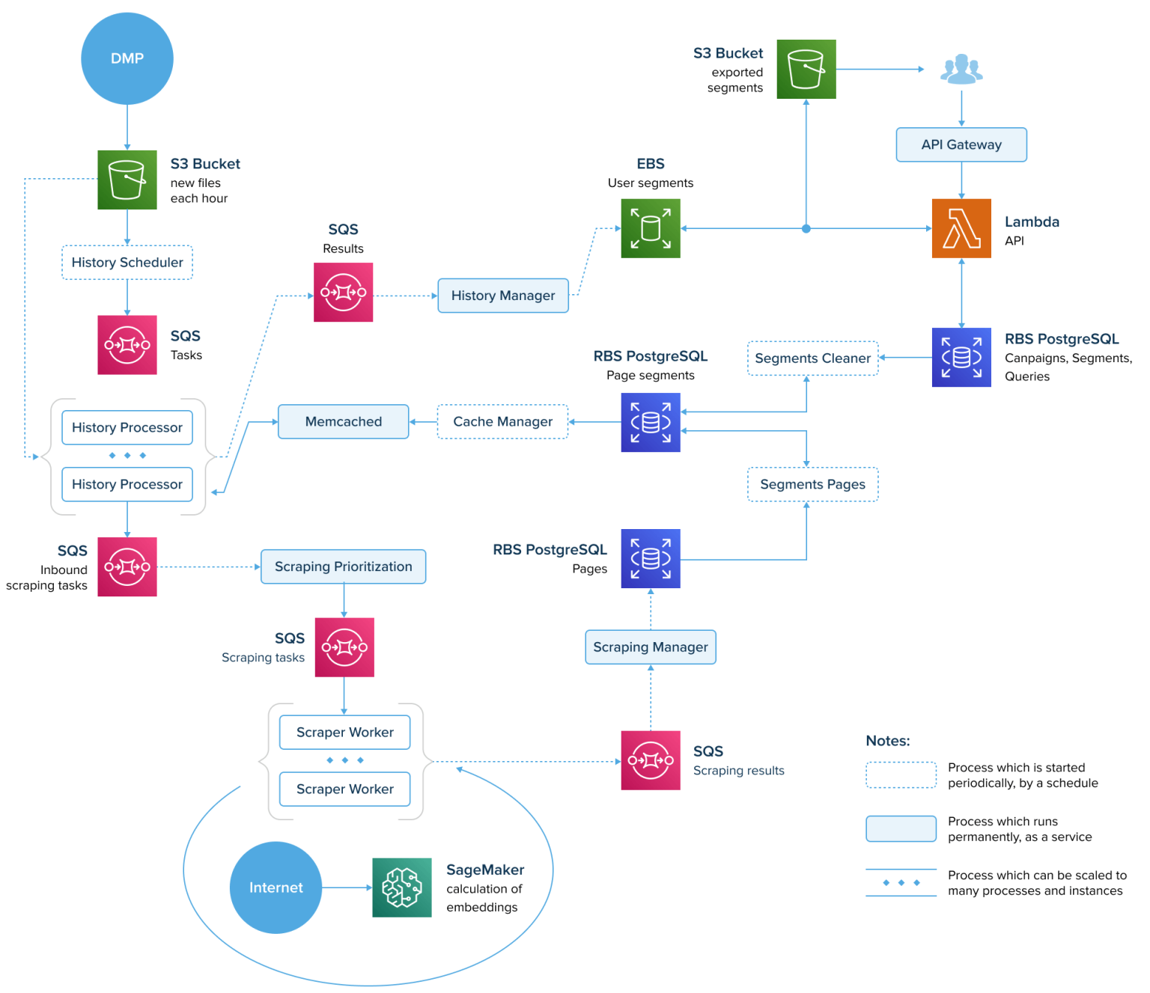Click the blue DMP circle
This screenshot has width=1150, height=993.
click(x=127, y=58)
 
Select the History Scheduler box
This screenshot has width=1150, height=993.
click(x=127, y=263)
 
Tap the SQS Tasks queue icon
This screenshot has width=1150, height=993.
click(x=127, y=345)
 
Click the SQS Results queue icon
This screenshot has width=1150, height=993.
click(x=344, y=293)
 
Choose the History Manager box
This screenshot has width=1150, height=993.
click(x=503, y=296)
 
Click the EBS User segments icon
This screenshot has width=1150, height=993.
click(x=651, y=228)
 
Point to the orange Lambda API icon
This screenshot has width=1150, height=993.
click(x=961, y=228)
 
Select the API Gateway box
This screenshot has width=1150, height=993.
click(x=961, y=144)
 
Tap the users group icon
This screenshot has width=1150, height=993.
click(x=961, y=70)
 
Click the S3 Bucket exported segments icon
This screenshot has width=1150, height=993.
click(x=806, y=70)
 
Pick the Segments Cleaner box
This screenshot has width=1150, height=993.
click(x=812, y=358)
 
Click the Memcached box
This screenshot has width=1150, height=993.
click(x=344, y=421)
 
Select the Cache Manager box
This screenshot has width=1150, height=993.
click(x=503, y=421)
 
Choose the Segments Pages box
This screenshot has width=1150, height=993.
click(x=812, y=484)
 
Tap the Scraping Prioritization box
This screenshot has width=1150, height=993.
click(x=344, y=566)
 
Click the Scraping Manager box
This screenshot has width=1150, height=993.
click(x=651, y=647)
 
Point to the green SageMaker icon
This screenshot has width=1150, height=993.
click(x=402, y=887)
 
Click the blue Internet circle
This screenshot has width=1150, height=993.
click(x=276, y=887)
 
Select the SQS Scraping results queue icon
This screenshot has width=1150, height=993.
click(x=651, y=760)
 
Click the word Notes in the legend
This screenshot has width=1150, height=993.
click(x=888, y=741)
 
